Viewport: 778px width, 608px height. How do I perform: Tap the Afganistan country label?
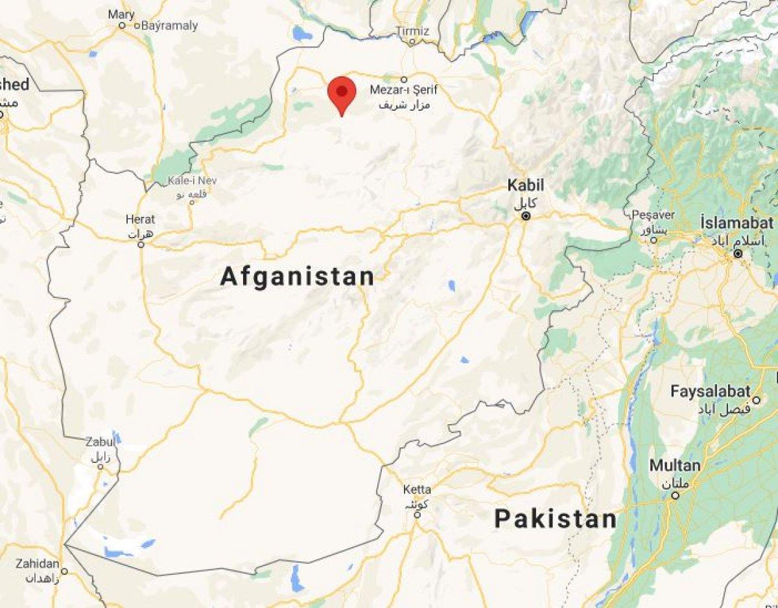tap(298, 276)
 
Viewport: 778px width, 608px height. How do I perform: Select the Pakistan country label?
tap(555, 519)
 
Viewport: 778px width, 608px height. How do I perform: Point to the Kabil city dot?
tap(526, 216)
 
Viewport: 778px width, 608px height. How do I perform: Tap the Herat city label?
tap(141, 220)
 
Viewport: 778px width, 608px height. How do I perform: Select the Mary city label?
tap(121, 15)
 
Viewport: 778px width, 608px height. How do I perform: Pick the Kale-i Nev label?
tap(188, 181)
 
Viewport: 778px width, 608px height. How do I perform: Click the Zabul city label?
tap(100, 442)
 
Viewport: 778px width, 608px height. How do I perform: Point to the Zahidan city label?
tap(38, 563)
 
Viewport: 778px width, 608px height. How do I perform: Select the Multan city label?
tap(674, 466)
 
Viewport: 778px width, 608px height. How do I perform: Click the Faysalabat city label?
tap(711, 391)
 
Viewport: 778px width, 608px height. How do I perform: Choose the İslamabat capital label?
tap(737, 223)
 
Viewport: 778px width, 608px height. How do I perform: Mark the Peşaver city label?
tap(654, 215)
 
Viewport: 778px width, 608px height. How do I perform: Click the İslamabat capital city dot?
tap(738, 254)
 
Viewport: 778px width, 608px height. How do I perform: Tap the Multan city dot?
tap(675, 495)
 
